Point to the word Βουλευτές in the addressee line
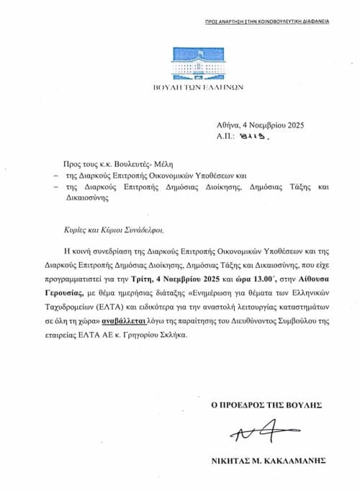coord(130,165)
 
